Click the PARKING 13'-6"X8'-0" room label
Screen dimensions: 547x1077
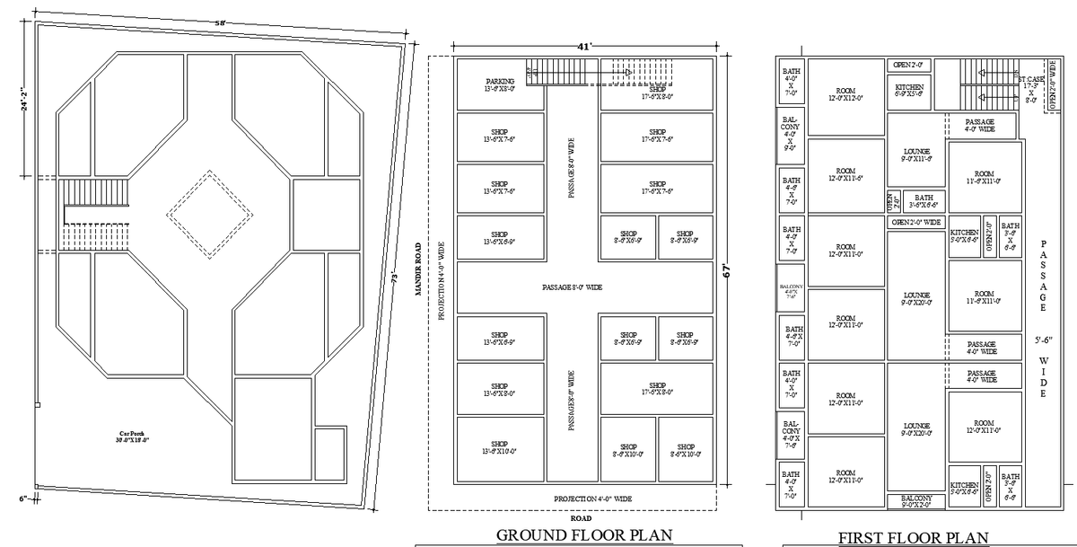(500, 85)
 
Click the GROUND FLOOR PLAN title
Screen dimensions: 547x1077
(584, 535)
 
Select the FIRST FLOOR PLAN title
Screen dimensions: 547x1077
(914, 537)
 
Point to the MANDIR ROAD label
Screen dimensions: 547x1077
(418, 269)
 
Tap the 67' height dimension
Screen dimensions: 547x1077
(730, 270)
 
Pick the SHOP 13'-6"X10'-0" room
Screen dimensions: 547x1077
(499, 447)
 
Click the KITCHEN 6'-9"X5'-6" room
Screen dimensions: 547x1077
(910, 90)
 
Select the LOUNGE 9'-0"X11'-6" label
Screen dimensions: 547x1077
(916, 154)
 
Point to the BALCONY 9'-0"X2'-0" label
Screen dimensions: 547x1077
(915, 501)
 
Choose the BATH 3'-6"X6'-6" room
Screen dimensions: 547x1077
(924, 202)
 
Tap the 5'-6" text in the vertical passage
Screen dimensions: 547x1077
(1043, 340)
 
